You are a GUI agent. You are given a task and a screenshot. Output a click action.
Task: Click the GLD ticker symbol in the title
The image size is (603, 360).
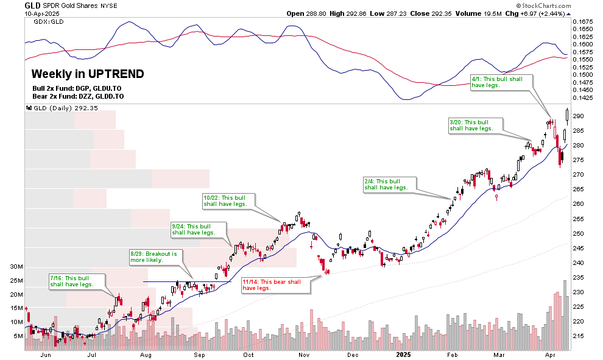click(x=33, y=5)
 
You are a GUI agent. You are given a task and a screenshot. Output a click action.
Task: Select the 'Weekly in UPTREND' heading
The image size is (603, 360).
click(x=88, y=74)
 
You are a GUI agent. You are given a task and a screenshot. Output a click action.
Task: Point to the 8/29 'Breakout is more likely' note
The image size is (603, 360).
click(x=153, y=256)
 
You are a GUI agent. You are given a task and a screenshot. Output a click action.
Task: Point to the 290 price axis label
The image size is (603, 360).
click(x=578, y=116)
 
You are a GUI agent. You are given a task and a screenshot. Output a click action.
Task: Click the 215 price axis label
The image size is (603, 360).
click(x=578, y=336)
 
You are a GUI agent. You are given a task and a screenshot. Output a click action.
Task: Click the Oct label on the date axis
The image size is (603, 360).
click(x=249, y=354)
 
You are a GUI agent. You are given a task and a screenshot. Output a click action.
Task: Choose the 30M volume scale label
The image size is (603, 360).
click(x=17, y=267)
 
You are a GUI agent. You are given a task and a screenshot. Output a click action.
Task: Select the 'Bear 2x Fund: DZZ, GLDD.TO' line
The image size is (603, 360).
click(x=77, y=96)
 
